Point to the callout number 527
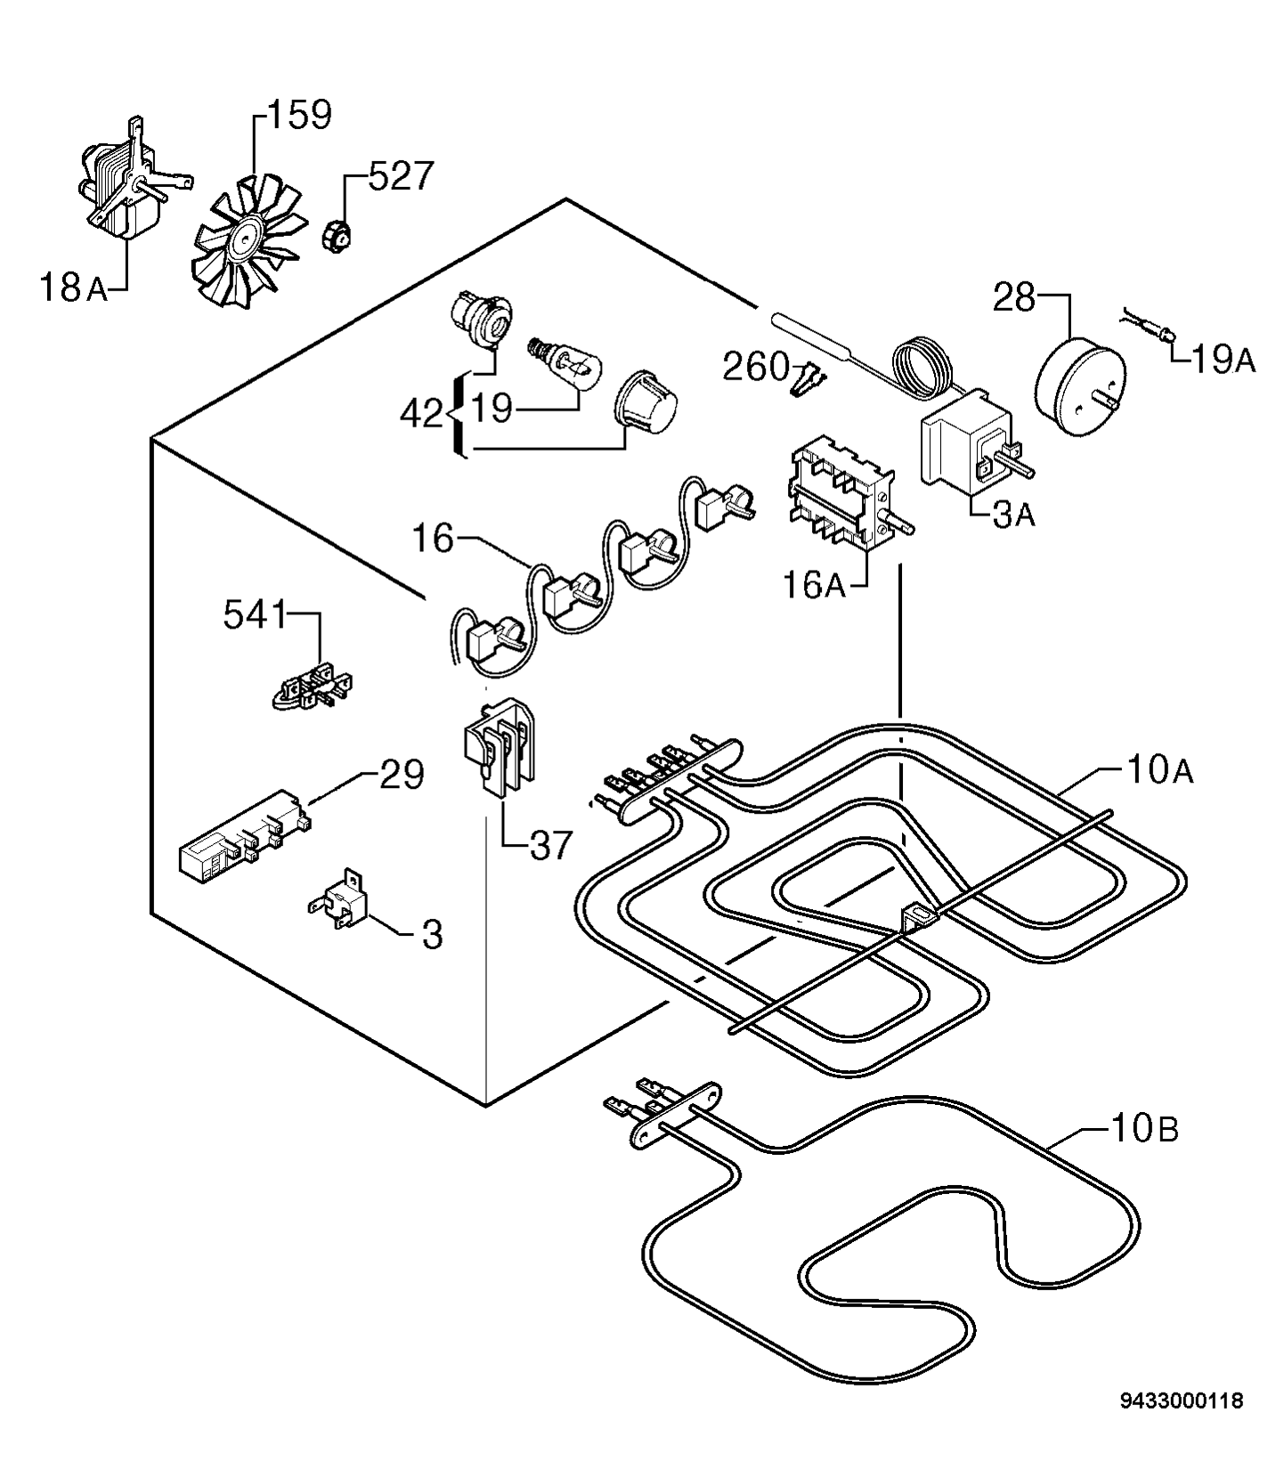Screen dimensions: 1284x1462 (400, 177)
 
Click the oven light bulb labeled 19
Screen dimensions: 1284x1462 (567, 361)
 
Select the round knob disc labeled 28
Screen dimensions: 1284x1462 (1077, 374)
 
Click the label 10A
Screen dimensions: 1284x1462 (1158, 770)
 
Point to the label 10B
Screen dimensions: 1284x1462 (1144, 1131)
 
